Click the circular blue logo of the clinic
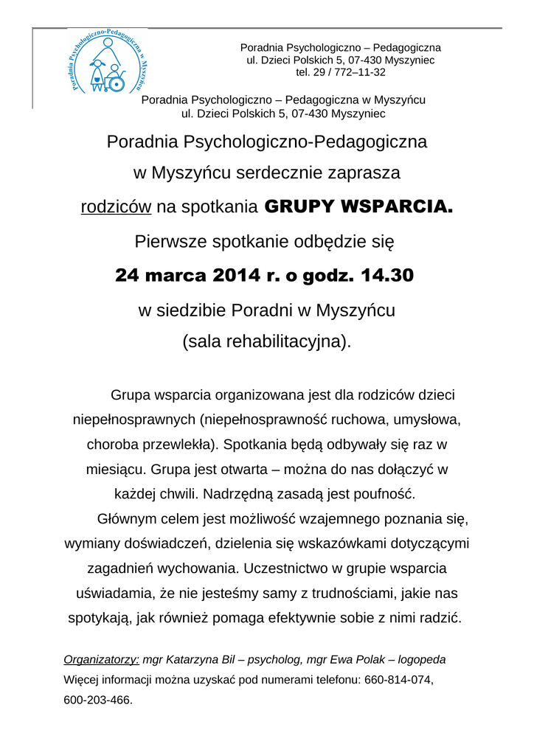pyautogui.click(x=108, y=62)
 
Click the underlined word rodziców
pyautogui.click(x=116, y=207)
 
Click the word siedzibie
pyautogui.click(x=193, y=310)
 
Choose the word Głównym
pyautogui.click(x=128, y=518)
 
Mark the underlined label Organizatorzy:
pyautogui.click(x=102, y=659)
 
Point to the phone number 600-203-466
pyautogui.click(x=98, y=700)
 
